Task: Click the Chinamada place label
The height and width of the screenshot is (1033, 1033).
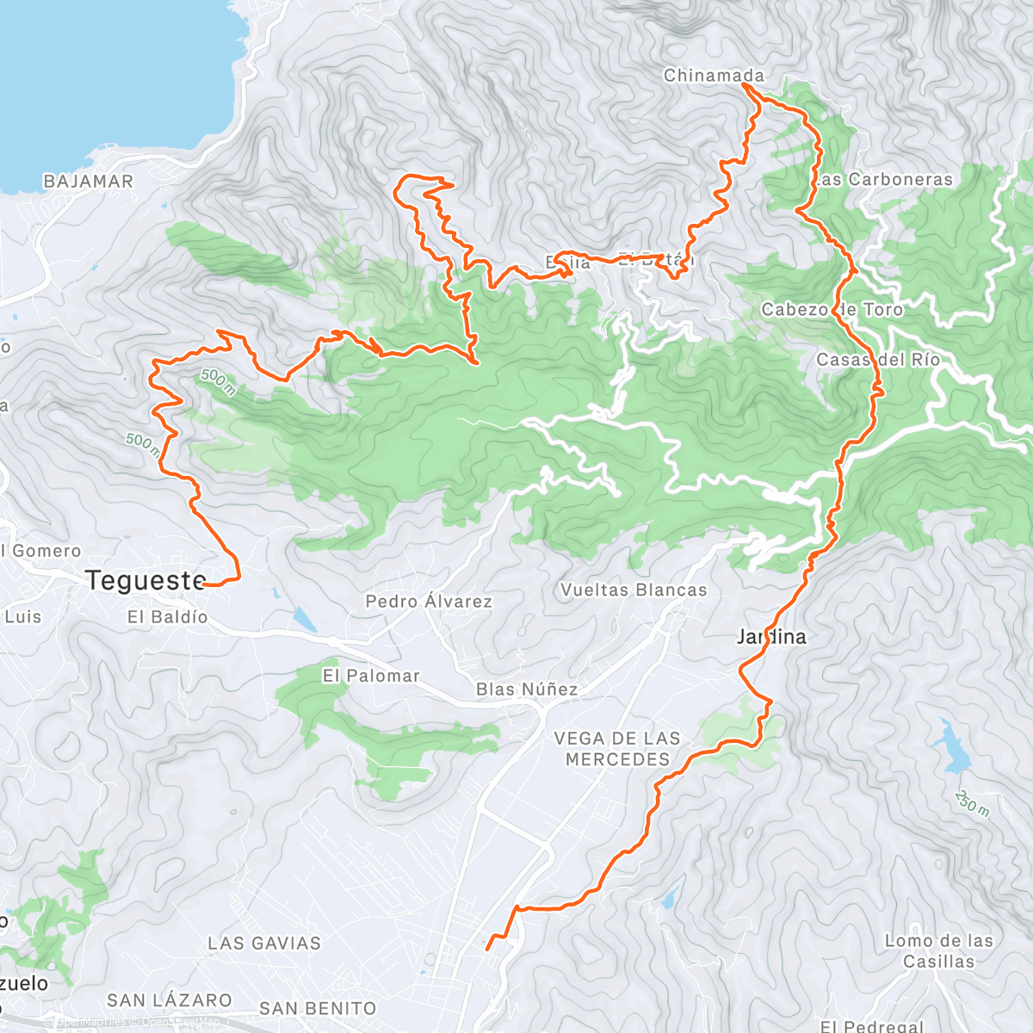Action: tap(714, 76)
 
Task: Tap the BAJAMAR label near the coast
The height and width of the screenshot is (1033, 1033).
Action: tap(89, 182)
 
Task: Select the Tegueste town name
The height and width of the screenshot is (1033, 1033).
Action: tap(145, 581)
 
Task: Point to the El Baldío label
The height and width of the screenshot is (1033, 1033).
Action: tap(168, 617)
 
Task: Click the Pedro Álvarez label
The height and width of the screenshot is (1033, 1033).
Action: tap(429, 602)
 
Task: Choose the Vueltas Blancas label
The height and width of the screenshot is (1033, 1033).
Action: tap(634, 591)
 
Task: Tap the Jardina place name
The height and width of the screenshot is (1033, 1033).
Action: tap(772, 637)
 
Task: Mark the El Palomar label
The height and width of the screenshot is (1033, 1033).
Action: tap(371, 676)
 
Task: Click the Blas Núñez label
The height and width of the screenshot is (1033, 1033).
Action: tap(527, 690)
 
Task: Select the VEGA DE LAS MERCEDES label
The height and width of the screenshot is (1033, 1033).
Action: tap(617, 749)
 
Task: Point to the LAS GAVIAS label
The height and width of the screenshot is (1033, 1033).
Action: tap(264, 943)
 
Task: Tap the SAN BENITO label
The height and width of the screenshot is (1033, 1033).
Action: tap(318, 1008)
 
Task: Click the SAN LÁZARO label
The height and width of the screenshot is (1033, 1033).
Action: tap(170, 1000)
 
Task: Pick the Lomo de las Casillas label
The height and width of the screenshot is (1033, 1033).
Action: tap(939, 951)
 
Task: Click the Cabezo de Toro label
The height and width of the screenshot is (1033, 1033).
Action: tap(832, 310)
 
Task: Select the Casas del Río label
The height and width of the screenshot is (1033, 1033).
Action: tap(878, 360)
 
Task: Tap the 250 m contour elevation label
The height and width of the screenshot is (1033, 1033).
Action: tap(973, 804)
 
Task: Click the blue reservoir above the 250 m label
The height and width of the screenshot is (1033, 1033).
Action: tap(951, 749)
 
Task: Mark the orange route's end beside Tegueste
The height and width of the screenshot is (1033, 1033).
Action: tap(207, 585)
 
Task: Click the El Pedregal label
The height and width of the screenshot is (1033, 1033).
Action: tap(872, 1026)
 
